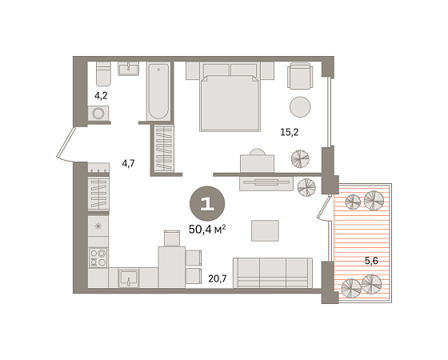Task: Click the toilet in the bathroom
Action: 103,74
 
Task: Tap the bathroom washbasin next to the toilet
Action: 129,69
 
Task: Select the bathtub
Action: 158,91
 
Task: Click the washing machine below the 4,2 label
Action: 98,114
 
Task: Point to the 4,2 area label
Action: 101,96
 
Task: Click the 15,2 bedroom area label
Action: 289,132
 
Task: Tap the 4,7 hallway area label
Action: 128,164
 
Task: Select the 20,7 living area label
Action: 218,278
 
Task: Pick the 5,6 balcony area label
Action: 371,261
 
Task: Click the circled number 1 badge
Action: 207,204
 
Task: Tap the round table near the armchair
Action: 300,106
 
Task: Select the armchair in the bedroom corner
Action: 300,76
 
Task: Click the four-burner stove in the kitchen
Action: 98,258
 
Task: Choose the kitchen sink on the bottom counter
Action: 129,278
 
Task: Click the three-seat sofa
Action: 273,273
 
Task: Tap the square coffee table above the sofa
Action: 265,230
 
